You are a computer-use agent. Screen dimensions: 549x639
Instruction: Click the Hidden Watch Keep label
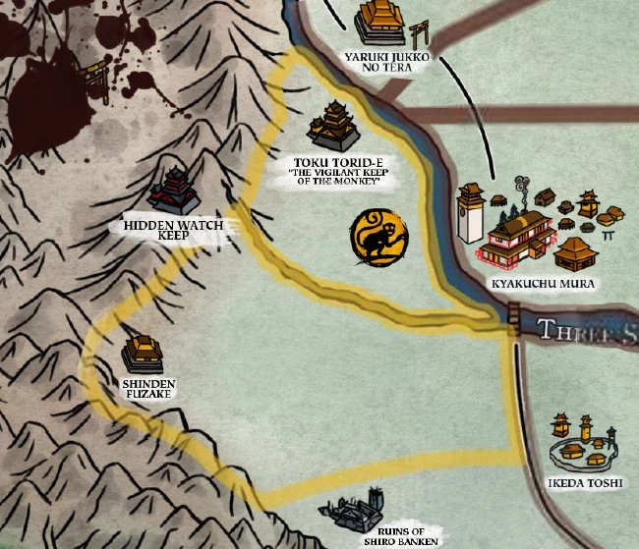coord(174,230)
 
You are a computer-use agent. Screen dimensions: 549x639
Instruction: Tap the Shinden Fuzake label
coord(148,388)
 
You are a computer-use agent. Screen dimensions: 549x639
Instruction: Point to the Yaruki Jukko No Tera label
coord(383,62)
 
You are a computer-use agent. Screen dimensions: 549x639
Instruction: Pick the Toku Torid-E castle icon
coord(335,126)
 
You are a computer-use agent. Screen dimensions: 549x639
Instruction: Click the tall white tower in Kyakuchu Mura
coord(471,213)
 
